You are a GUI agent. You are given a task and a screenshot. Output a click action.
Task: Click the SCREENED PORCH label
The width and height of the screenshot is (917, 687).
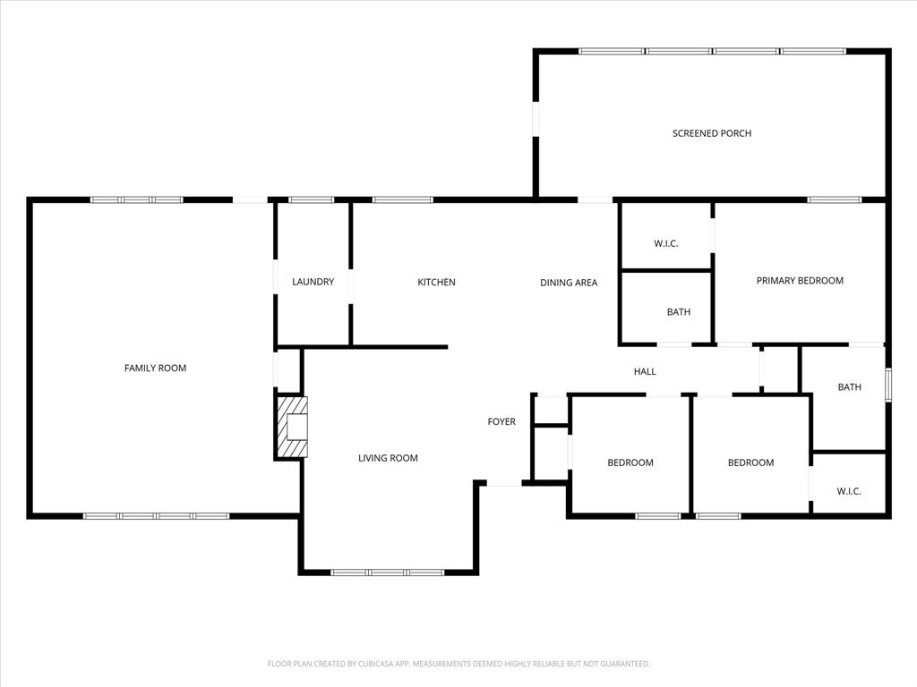point(712,133)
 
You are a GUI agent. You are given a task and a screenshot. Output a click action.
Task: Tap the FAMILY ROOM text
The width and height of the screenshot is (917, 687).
point(155,368)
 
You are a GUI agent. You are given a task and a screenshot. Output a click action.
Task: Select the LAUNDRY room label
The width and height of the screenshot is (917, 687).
point(313,282)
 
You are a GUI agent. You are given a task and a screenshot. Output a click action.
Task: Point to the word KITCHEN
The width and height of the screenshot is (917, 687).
point(436,282)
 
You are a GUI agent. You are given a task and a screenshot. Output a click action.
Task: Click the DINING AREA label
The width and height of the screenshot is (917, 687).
point(568,283)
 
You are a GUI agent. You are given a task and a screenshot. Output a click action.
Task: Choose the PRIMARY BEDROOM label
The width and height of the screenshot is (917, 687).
point(800,280)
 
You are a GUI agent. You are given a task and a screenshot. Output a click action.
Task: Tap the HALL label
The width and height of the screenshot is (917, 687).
point(645,371)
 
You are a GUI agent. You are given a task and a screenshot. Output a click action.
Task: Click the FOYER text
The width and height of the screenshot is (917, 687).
point(501,421)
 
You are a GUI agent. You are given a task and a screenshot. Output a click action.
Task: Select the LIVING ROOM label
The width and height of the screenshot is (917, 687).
point(388,458)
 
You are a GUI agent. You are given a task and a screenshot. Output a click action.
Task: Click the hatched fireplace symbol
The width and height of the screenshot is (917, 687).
point(292,427)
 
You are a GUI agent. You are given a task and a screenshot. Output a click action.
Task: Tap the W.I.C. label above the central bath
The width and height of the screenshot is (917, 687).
point(666,242)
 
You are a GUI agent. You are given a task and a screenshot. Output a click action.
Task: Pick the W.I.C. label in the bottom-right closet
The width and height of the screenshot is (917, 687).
point(849,491)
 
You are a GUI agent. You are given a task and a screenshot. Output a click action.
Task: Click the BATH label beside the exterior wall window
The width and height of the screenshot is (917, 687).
point(849,387)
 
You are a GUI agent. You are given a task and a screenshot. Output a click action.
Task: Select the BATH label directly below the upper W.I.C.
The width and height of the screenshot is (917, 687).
point(678,312)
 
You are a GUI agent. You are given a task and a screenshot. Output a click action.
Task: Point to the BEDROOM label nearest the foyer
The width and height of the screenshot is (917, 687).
point(630,462)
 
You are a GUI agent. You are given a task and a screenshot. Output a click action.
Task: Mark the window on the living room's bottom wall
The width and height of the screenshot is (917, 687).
point(387,572)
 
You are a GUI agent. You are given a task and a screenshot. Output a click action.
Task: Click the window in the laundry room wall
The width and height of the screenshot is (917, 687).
point(311,199)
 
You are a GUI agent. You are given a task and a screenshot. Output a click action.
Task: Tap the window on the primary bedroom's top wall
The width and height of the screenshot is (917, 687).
point(835,199)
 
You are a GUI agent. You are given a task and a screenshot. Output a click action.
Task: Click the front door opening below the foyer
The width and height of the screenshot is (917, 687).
point(503,485)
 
